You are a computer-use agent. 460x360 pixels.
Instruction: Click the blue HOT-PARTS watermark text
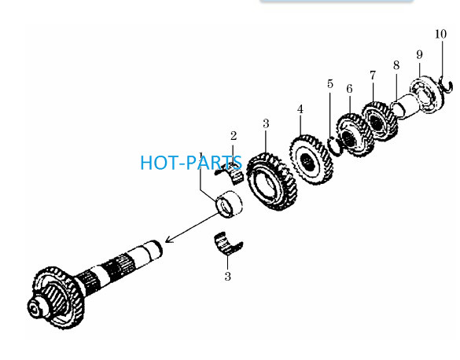point(191,163)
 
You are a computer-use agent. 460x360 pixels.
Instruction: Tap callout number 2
point(234,136)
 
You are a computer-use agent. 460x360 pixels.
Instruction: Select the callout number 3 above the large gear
point(266,123)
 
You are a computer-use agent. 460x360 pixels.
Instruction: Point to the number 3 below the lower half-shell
point(228,276)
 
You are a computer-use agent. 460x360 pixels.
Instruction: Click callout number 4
point(300,109)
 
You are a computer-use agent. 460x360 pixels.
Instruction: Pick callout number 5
point(330,84)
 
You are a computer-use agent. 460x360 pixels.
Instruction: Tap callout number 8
point(396,65)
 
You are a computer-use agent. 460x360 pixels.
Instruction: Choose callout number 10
point(440,34)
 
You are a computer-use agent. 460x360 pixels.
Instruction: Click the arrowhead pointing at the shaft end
point(170,239)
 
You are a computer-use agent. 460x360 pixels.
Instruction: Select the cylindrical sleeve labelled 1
point(229,204)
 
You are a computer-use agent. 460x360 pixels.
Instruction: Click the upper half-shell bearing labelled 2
point(232,174)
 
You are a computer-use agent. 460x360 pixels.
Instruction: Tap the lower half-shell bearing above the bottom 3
point(228,243)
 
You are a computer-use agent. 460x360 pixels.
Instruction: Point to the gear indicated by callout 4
point(311,160)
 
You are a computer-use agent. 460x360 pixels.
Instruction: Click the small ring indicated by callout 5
point(334,145)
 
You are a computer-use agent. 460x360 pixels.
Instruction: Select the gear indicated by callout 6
point(355,136)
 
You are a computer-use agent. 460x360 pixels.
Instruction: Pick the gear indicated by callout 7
point(380,121)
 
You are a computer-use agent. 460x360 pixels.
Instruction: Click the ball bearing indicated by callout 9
point(426,94)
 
